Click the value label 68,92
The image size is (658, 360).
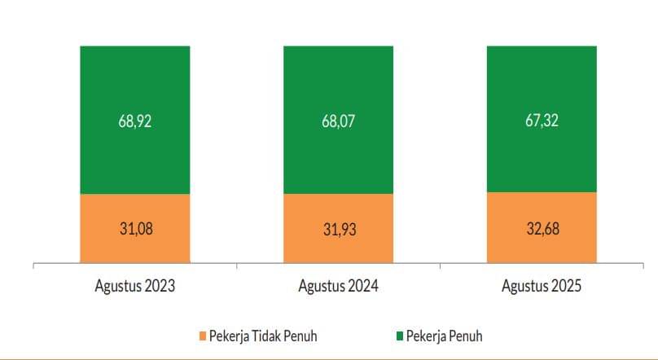click(135, 121)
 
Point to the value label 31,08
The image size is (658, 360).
click(135, 229)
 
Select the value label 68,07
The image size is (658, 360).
click(339, 121)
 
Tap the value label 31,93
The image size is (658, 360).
click(339, 229)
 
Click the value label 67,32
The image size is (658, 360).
click(542, 121)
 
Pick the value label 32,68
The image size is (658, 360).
click(542, 229)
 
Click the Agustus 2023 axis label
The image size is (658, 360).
click(135, 287)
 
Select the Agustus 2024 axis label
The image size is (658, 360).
click(339, 287)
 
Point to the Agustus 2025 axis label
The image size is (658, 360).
click(542, 287)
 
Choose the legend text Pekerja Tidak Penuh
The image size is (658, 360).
click(263, 336)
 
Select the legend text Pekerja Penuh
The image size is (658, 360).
click(445, 336)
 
